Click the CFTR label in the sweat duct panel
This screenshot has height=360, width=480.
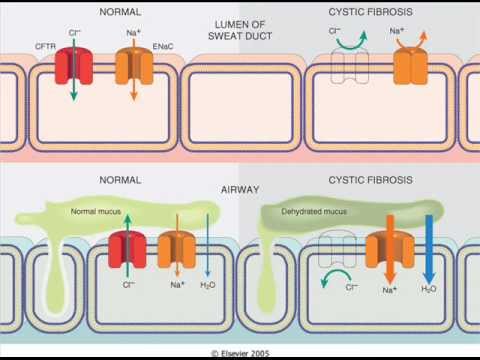[45, 46]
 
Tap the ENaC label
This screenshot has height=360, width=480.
[163, 46]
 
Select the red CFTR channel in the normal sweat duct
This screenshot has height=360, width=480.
[73, 66]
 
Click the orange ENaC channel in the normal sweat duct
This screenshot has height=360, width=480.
[134, 66]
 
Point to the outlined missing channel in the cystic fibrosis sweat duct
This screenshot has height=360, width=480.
[349, 66]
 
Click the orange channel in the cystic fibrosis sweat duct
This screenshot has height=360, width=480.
[411, 66]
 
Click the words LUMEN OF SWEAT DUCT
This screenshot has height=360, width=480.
[240, 30]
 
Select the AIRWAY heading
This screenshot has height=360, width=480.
[240, 190]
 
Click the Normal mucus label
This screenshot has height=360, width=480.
[96, 211]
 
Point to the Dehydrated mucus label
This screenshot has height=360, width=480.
[314, 212]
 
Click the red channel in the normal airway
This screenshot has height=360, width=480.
[127, 250]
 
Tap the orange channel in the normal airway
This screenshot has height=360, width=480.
[177, 250]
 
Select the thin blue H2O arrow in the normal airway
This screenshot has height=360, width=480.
[208, 245]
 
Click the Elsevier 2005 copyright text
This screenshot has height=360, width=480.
[240, 353]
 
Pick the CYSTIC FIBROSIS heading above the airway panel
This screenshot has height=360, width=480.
[371, 180]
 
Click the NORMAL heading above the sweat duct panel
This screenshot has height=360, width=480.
[120, 12]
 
